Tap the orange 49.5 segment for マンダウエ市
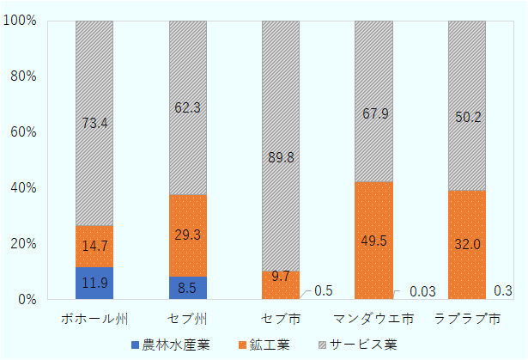(373, 241)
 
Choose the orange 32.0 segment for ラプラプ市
(467, 245)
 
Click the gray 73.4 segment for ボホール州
(94, 124)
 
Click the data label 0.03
(422, 292)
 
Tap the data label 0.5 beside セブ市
(324, 291)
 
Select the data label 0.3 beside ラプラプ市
(503, 291)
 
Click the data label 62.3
(187, 109)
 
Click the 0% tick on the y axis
(26, 300)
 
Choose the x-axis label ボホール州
(94, 319)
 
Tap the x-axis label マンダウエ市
(373, 319)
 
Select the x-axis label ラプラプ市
(467, 319)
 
